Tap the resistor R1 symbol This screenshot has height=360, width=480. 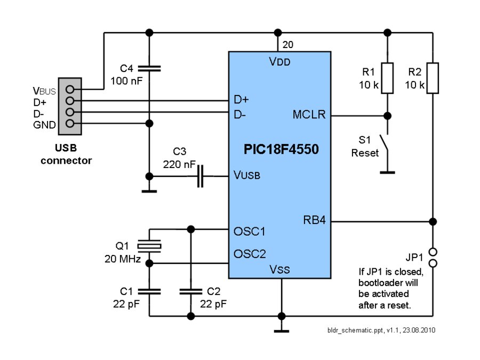(387, 78)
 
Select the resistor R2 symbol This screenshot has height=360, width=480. (433, 78)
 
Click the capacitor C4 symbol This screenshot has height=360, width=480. (149, 68)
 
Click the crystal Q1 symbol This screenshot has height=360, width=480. (149, 246)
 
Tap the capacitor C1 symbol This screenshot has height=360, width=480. (149, 291)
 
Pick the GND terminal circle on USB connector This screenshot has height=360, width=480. (69, 123)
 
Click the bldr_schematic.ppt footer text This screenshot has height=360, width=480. (381, 330)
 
